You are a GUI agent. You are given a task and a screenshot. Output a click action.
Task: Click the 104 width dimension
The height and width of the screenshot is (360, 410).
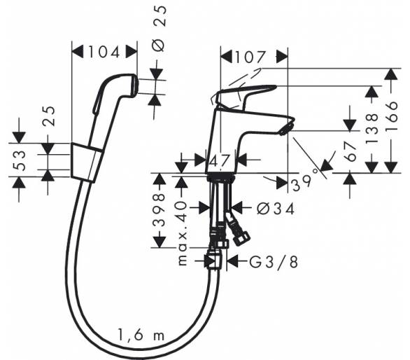pyautogui.click(x=104, y=52)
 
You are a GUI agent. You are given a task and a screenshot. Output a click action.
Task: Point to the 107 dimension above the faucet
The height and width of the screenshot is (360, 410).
pyautogui.click(x=250, y=57)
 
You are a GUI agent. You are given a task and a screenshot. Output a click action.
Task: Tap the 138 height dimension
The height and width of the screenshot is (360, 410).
pyautogui.click(x=372, y=128)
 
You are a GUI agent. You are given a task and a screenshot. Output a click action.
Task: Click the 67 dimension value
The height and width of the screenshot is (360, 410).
pyautogui.click(x=351, y=152)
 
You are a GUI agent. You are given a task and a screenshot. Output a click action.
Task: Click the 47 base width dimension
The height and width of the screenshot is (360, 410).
pyautogui.click(x=220, y=161)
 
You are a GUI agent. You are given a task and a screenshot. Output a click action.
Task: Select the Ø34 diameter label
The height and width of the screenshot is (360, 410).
pyautogui.click(x=276, y=209)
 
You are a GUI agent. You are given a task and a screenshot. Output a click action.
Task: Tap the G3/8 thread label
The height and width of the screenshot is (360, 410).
pyautogui.click(x=274, y=261)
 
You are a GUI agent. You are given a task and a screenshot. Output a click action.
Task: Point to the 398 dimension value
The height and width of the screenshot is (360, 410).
pyautogui.click(x=159, y=210)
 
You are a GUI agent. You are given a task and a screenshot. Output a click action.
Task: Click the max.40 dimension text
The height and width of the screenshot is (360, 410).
pyautogui.click(x=183, y=233)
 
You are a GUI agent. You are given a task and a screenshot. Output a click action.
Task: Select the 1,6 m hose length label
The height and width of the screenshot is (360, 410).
pyautogui.click(x=141, y=335)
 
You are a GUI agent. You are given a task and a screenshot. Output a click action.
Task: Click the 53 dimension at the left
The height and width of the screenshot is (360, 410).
pyautogui.click(x=20, y=160)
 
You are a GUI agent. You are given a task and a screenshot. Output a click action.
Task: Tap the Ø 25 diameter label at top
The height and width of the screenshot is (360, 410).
pyautogui.click(x=159, y=28)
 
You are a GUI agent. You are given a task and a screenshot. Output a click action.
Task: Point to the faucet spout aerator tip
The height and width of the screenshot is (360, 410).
pyautogui.click(x=287, y=129)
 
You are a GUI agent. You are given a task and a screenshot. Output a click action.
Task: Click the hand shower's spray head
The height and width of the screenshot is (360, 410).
pyautogui.click(x=130, y=85)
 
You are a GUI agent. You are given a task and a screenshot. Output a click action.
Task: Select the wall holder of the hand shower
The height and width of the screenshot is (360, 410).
pyautogui.click(x=86, y=162)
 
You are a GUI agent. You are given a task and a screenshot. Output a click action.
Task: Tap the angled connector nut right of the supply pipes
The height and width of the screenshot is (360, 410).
pyautogui.click(x=240, y=235)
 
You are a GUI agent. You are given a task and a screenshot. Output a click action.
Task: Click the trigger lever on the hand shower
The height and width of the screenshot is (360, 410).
pyautogui.click(x=97, y=102)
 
